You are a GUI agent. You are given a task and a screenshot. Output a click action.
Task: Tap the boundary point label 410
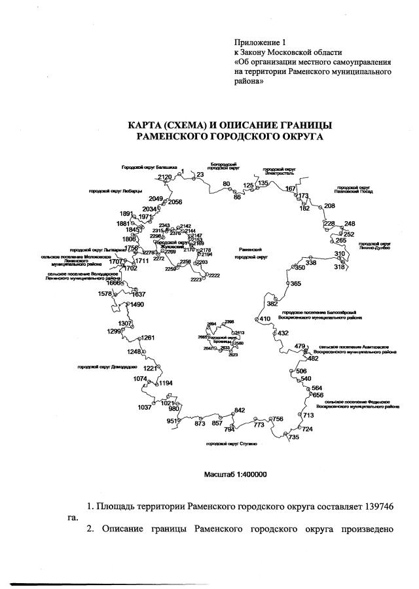(265, 319)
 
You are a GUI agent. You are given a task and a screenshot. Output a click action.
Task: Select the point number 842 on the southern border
(240, 410)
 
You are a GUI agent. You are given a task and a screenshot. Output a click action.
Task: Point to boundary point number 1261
(148, 338)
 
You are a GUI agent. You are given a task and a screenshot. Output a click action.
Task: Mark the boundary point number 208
(329, 206)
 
